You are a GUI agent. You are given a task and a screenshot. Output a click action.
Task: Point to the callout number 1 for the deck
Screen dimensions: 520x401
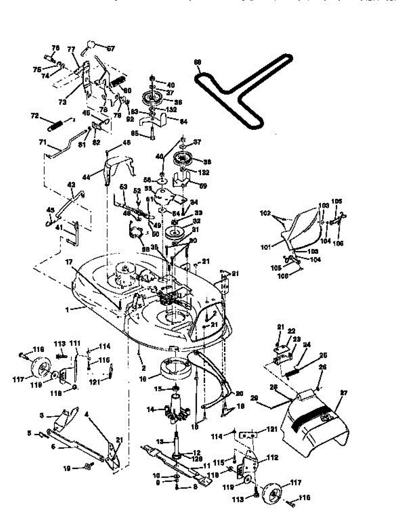(67, 309)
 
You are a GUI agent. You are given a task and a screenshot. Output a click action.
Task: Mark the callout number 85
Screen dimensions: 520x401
(135, 133)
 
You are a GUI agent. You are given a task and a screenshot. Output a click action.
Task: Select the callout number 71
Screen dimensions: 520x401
(42, 142)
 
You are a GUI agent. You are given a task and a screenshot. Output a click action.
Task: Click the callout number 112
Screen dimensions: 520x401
(272, 457)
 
